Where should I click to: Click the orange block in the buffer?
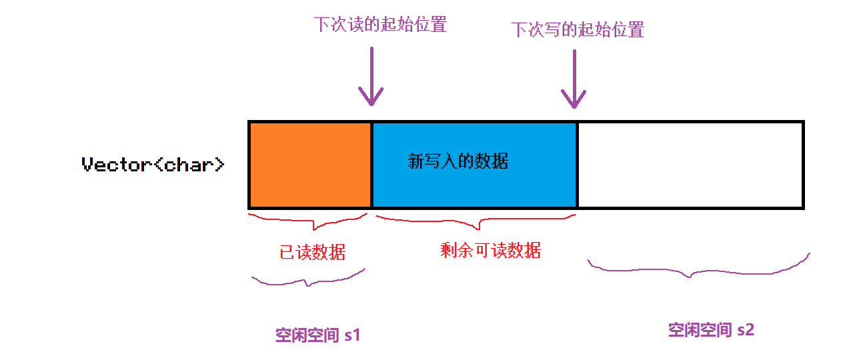click(309, 164)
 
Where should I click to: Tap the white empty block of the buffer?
click(690, 164)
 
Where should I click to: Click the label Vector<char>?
click(153, 165)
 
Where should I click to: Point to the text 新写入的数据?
click(458, 161)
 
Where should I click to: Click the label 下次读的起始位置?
click(380, 25)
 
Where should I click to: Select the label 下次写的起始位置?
click(577, 30)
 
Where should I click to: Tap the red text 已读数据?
click(313, 252)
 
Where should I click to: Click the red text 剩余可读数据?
click(490, 250)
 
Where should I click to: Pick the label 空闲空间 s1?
click(318, 335)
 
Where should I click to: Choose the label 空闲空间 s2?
click(711, 329)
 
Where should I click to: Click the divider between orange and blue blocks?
click(371, 164)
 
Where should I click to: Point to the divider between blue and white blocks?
click(576, 164)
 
